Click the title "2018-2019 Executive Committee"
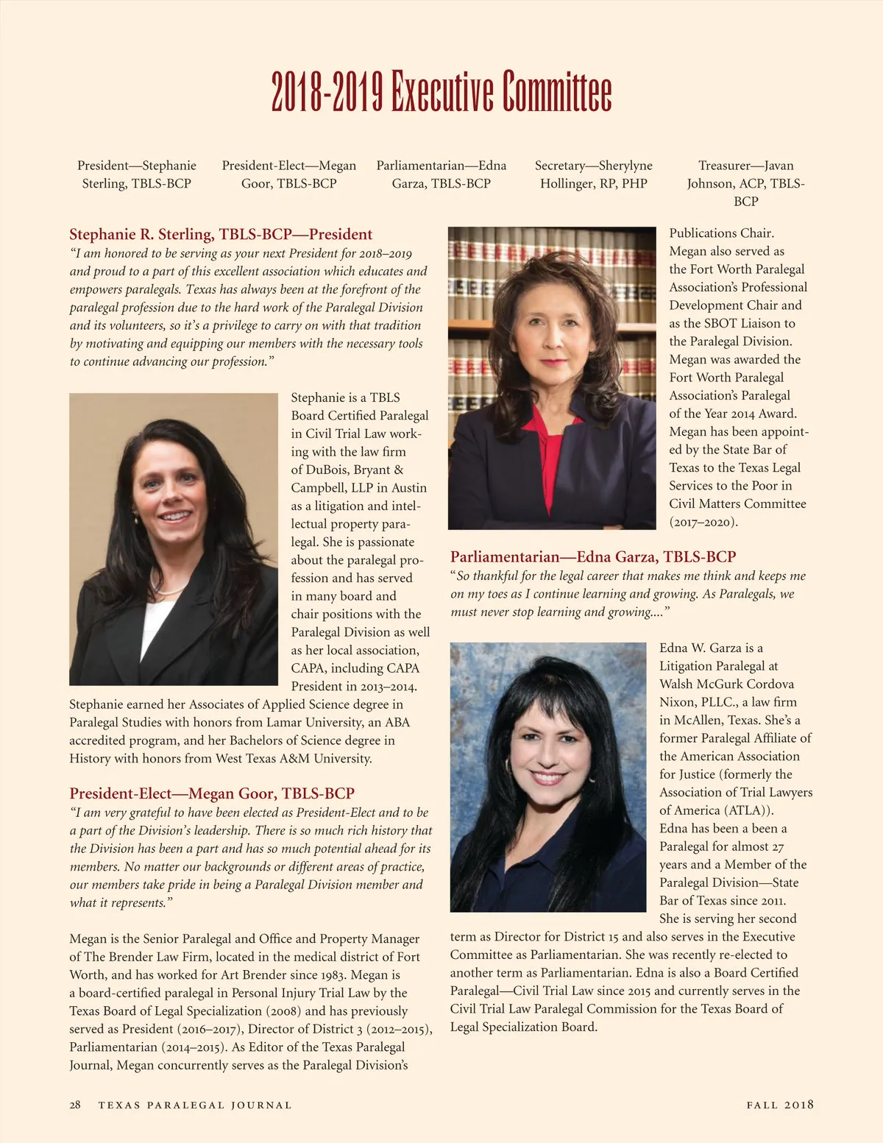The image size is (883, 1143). tap(441, 91)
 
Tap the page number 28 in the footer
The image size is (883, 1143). tap(75, 1105)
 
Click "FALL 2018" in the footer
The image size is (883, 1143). tap(780, 1105)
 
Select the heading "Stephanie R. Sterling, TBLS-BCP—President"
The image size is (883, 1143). tap(221, 235)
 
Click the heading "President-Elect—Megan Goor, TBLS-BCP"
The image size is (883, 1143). tap(212, 793)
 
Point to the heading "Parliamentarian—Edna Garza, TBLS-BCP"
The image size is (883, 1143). tap(593, 557)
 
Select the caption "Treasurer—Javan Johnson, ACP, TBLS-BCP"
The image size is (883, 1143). tap(745, 183)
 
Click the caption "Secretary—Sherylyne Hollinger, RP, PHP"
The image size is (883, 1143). tap(593, 174)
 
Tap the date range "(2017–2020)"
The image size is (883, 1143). tap(703, 522)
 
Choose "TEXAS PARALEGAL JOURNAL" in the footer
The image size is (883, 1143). tap(195, 1105)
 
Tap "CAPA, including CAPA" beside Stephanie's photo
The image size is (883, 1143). tap(355, 668)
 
